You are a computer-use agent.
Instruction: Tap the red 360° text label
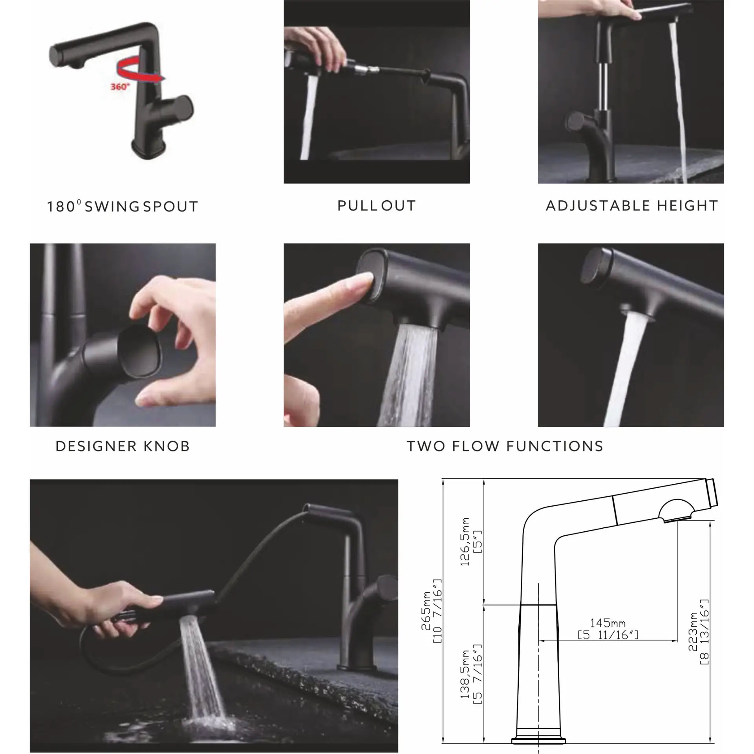click(120, 87)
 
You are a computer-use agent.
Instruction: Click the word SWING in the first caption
click(112, 207)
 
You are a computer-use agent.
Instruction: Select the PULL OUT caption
click(376, 206)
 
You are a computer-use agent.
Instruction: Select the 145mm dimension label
click(608, 623)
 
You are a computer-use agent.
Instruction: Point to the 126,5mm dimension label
click(465, 542)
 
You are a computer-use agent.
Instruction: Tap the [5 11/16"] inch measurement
click(608, 635)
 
